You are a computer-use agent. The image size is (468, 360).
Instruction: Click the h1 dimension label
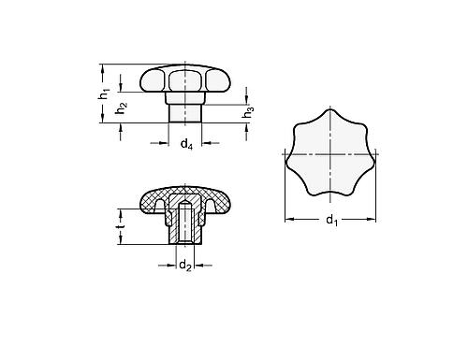pyautogui.click(x=107, y=94)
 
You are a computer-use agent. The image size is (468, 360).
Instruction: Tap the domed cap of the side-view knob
pyautogui.click(x=184, y=76)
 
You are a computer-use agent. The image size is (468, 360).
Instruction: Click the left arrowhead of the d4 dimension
pyautogui.click(x=168, y=143)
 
